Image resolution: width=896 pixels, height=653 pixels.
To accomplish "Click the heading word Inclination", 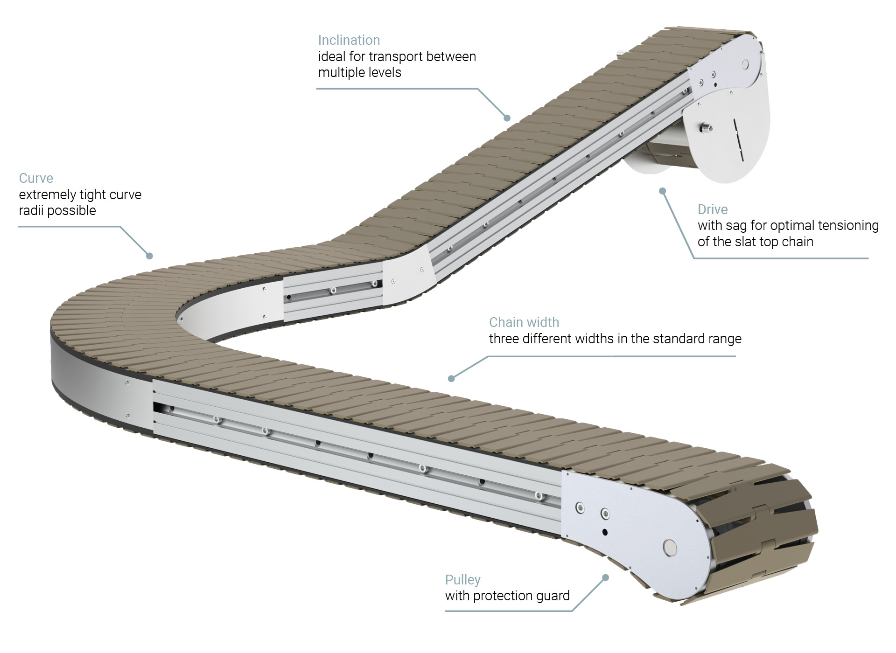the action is point(349,40).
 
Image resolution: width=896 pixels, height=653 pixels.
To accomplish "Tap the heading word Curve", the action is point(36,178).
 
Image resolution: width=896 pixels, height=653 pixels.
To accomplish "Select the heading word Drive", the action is point(713,209).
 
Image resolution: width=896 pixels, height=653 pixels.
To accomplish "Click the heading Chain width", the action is point(524,322).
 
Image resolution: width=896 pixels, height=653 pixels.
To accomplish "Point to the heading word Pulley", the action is point(462,580).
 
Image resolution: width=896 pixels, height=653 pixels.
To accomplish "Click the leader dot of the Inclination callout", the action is point(507,118).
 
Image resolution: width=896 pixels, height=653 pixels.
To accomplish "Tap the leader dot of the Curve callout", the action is point(149,256).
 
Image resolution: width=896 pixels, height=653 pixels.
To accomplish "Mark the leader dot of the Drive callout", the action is point(662,191).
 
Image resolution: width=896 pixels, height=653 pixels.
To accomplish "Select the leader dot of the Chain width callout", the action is point(451,379).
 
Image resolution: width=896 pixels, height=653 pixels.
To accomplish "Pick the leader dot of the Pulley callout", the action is point(606,577).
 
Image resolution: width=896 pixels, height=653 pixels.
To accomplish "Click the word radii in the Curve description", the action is point(31,210).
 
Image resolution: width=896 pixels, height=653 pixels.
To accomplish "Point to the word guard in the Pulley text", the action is point(553,596).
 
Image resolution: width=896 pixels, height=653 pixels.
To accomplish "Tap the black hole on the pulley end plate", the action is point(605,532).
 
